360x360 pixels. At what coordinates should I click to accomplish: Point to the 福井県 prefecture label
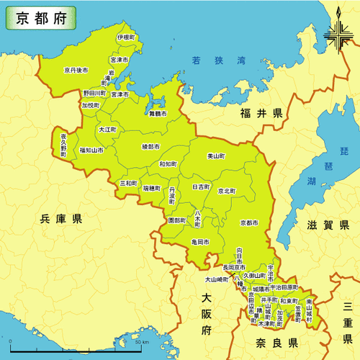tap(262, 114)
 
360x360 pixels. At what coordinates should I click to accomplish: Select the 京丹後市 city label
tap(76, 70)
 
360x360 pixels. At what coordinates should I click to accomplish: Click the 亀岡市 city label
tap(200, 243)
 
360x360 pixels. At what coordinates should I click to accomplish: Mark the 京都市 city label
tap(251, 222)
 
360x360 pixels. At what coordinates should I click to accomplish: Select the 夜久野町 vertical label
tap(63, 144)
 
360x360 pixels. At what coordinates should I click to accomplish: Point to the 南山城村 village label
tap(309, 310)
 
